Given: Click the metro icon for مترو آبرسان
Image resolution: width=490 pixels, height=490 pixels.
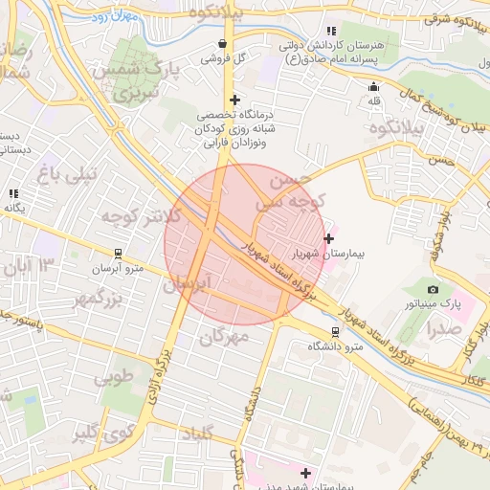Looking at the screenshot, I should pos(118,254).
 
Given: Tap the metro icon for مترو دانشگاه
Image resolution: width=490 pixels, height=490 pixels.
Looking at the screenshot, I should pos(334,331).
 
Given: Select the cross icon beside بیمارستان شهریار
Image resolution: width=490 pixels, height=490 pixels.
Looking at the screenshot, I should pos(329,238).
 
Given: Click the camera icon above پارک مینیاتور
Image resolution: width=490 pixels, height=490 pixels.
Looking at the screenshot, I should pos(434,289).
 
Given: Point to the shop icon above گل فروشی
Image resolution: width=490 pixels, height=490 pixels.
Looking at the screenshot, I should pos(223,43).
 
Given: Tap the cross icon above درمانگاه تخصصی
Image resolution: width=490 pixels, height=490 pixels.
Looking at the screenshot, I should pos(234,100).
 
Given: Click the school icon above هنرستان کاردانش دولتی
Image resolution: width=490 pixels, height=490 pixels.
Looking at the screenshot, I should pos(331,31).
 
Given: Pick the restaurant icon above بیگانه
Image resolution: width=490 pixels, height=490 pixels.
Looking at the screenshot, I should pos(13,193).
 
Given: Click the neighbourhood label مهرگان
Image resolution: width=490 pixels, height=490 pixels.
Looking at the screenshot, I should pos(225,336).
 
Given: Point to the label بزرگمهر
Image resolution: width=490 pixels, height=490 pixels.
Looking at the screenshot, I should pos(99,300).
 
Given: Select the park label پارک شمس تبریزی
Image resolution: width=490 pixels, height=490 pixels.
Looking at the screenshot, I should pos(139,81).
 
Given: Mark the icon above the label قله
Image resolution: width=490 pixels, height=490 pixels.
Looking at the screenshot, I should pos(373,86).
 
